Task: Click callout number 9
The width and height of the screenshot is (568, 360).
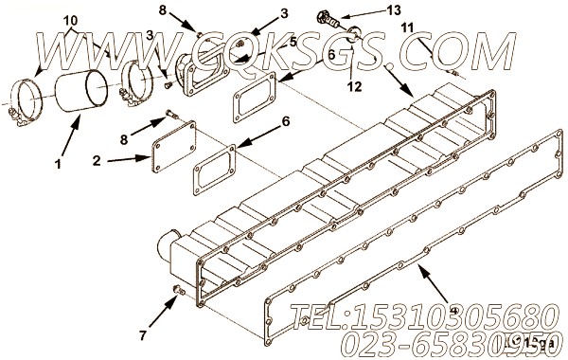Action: pyautogui.click(x=454, y=310)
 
